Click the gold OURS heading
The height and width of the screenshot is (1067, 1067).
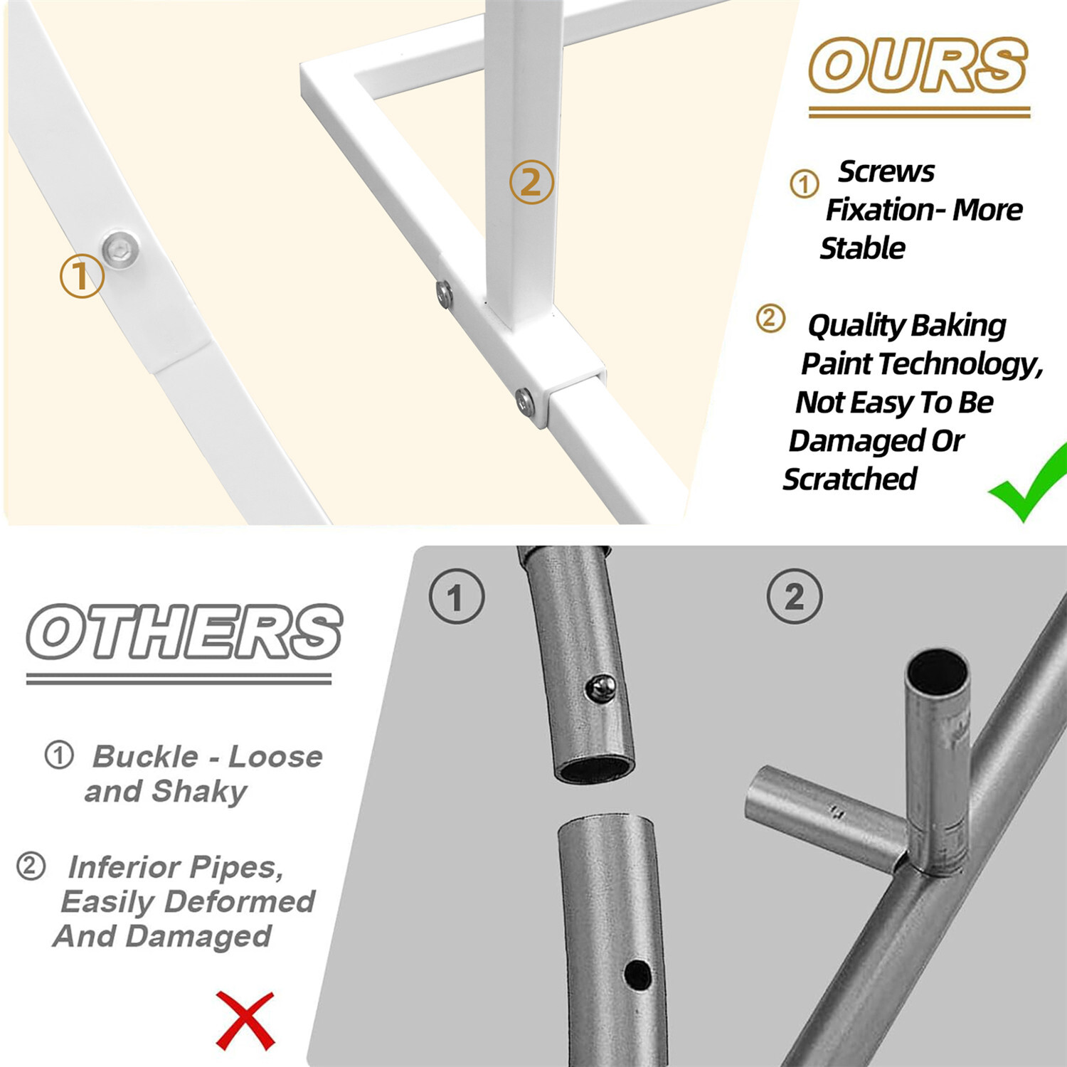(918, 65)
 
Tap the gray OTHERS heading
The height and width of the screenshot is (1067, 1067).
(184, 632)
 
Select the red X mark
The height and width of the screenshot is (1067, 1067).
(245, 1021)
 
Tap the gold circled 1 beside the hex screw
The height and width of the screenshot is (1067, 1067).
(81, 276)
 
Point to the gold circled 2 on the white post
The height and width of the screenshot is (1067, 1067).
(531, 183)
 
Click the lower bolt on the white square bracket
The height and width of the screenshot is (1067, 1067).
(525, 403)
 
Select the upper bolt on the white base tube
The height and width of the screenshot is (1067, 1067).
(445, 293)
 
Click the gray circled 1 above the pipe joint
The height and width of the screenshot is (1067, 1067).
(457, 597)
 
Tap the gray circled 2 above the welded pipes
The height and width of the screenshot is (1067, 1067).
(795, 597)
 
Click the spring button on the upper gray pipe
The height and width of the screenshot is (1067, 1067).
(601, 688)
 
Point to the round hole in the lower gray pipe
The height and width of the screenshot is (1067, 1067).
(637, 975)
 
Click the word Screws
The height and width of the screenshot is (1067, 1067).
(886, 171)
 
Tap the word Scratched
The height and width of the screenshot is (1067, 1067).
(849, 479)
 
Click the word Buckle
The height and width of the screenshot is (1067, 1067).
(146, 756)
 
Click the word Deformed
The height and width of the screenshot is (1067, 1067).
(239, 902)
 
